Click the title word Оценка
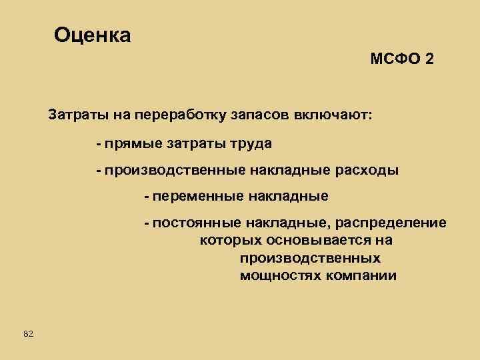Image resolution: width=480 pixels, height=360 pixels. pyautogui.click(x=93, y=35)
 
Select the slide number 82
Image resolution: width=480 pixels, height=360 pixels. pyautogui.click(x=28, y=333)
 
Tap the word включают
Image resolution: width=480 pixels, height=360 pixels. pyautogui.click(x=335, y=115)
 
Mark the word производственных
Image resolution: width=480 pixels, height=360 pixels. pyautogui.click(x=310, y=258)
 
